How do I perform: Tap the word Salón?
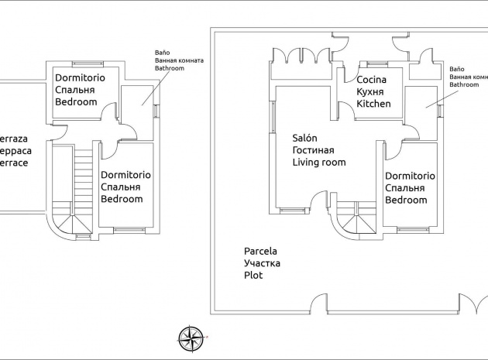click(x=304, y=137)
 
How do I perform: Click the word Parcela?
click(x=260, y=251)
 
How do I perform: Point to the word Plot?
click(x=253, y=275)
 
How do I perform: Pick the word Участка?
click(x=262, y=263)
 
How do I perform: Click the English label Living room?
click(x=318, y=162)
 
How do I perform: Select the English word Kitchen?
click(x=374, y=104)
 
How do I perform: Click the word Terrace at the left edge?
click(x=14, y=164)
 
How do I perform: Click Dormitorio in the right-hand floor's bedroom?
click(x=410, y=176)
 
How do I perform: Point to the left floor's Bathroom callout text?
click(x=171, y=68)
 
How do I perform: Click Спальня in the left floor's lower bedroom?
click(x=125, y=187)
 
